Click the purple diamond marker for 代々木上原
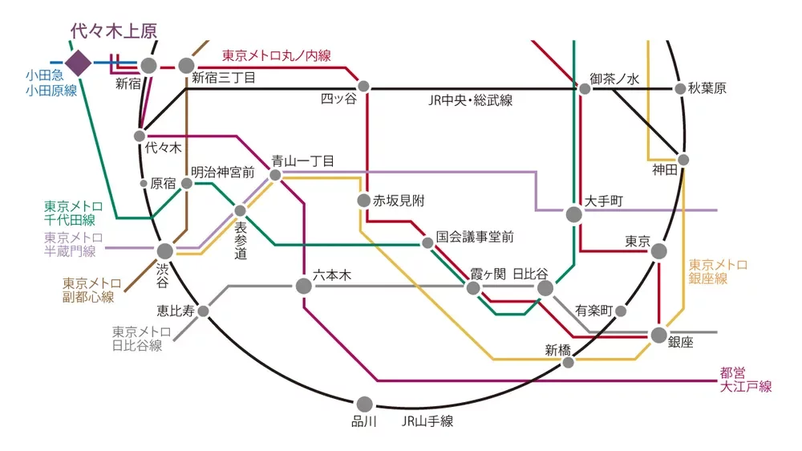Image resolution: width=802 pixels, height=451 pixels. point(79,62)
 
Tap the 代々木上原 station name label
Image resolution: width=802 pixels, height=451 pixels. point(113,31)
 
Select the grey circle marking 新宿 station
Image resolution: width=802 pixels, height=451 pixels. point(149,65)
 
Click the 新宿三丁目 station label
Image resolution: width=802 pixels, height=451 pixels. point(224,78)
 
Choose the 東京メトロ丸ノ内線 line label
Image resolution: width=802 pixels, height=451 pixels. point(276,55)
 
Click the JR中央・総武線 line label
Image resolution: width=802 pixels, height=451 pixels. point(471,100)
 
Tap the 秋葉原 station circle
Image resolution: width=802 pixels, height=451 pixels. point(681,89)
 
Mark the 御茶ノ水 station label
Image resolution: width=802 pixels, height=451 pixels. point(614,79)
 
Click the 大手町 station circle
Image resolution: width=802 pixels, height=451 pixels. point(574,214)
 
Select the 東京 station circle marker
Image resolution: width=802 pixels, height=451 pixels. point(658,251)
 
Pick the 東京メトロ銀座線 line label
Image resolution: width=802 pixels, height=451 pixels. point(719,271)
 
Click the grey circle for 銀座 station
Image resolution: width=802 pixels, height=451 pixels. point(659,335)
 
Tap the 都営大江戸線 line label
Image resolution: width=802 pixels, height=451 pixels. point(745,380)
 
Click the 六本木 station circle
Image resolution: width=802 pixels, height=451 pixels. point(303,286)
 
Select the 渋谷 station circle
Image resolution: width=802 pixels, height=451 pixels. point(164,251)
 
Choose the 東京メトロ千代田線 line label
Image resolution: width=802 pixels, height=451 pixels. point(70,213)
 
